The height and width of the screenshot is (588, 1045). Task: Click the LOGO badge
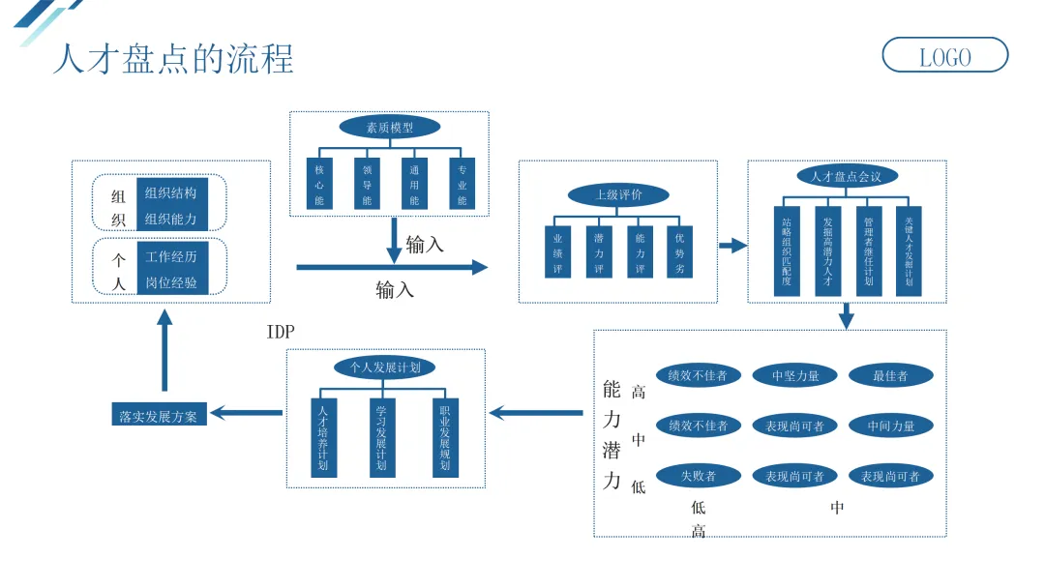(944, 56)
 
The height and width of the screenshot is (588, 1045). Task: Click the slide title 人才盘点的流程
(172, 59)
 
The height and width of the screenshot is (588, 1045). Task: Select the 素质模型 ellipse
(389, 127)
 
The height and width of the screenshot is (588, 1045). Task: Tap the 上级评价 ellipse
(617, 194)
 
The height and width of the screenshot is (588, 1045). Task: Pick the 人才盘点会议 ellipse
(847, 176)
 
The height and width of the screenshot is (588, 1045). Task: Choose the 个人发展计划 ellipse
(385, 367)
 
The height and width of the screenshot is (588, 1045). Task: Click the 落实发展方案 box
(158, 416)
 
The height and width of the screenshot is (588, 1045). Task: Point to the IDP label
(281, 333)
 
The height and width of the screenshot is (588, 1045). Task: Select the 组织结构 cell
(171, 192)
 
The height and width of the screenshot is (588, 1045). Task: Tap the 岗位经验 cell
(171, 282)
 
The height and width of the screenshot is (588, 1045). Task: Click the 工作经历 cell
(171, 256)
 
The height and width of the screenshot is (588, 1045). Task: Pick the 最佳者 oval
(890, 375)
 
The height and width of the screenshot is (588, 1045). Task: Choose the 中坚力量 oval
(794, 375)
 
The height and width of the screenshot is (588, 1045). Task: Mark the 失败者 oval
(698, 476)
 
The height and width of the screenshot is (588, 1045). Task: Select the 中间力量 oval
(890, 426)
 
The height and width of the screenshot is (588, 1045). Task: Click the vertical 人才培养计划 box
(323, 436)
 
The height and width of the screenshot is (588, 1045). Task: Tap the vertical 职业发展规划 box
(445, 436)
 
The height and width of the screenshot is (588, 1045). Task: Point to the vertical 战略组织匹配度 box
(787, 250)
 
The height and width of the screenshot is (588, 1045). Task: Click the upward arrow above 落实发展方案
(165, 353)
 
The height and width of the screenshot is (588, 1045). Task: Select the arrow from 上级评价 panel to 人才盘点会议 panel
(733, 246)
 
